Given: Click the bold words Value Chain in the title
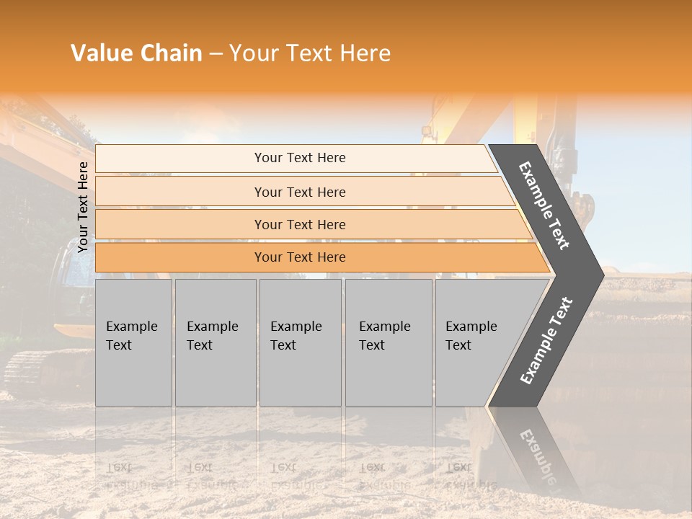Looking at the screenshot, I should (136, 53).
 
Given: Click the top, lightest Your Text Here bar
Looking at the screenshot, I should (299, 158).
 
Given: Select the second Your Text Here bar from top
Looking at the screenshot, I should (299, 192).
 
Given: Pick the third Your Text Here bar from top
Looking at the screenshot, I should (299, 224).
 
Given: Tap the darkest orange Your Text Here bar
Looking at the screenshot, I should (299, 257).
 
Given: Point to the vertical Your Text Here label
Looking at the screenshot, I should (83, 207).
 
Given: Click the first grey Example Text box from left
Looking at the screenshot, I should (133, 342).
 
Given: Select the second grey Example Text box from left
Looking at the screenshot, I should (215, 342).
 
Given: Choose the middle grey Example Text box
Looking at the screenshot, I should (300, 342).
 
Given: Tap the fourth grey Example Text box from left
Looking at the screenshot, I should (388, 342).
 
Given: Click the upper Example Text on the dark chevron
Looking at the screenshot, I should (544, 205).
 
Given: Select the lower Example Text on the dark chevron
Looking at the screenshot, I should (546, 340).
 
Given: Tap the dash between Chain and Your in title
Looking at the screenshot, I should (216, 53).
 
